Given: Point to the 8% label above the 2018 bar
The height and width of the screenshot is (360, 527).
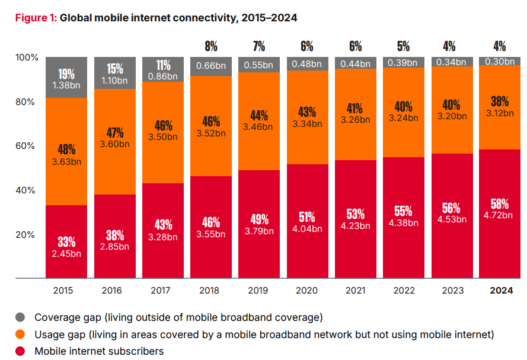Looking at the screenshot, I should pos(211,46).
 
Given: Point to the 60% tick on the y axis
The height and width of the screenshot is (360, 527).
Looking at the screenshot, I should pos(27,146).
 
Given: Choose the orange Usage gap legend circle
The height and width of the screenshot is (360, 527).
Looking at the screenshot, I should pos(20,334).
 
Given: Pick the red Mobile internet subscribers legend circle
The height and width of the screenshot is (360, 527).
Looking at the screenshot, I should pos(20,351).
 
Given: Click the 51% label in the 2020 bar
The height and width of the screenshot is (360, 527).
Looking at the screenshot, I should pos(308,216).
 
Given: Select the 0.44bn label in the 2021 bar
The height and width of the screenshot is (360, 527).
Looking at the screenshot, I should pos(356,63).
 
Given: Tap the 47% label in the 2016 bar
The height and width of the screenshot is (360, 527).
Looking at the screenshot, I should pos(114,133).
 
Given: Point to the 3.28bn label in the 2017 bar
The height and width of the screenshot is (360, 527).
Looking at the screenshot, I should pos(163,237).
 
